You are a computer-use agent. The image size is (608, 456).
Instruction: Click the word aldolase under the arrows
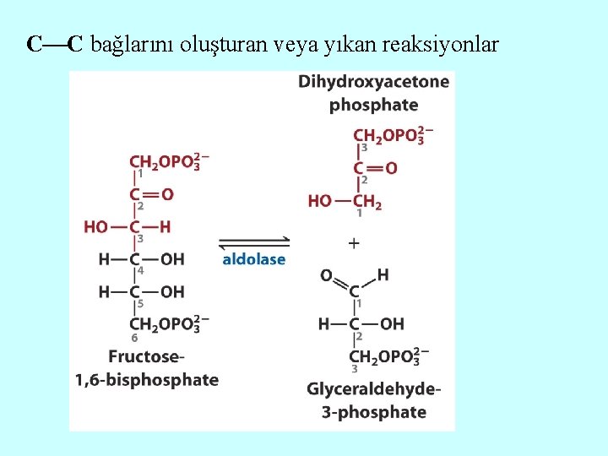[253, 259]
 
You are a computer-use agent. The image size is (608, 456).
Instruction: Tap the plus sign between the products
[354, 243]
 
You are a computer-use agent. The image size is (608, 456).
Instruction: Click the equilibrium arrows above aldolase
[254, 242]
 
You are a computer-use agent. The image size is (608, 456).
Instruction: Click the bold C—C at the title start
[55, 44]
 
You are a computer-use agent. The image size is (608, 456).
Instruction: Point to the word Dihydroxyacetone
[373, 82]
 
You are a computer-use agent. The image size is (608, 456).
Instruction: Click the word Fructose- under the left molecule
[146, 356]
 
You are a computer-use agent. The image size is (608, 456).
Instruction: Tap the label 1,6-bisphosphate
[147, 379]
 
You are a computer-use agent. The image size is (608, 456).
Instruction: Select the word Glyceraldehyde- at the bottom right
[373, 389]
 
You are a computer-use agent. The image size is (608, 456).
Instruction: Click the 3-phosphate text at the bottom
[373, 412]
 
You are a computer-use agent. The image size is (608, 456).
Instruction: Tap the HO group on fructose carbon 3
[95, 226]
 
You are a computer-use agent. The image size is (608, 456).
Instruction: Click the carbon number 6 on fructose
[134, 338]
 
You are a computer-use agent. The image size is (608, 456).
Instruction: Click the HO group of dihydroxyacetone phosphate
[320, 201]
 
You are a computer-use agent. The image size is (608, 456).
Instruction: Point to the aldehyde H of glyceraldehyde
[383, 274]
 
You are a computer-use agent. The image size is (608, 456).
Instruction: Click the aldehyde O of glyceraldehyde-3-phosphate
[327, 275]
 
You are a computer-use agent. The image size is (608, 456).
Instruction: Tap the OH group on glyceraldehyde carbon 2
[393, 323]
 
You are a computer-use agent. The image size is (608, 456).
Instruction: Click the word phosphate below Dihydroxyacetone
[373, 105]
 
